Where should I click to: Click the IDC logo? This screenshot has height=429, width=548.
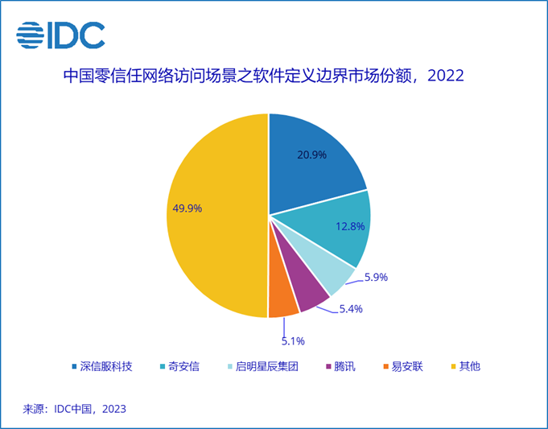[60, 35]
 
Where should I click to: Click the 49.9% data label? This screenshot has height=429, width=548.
[187, 208]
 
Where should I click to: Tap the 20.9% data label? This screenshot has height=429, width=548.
[312, 155]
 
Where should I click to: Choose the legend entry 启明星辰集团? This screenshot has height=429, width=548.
[264, 366]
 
